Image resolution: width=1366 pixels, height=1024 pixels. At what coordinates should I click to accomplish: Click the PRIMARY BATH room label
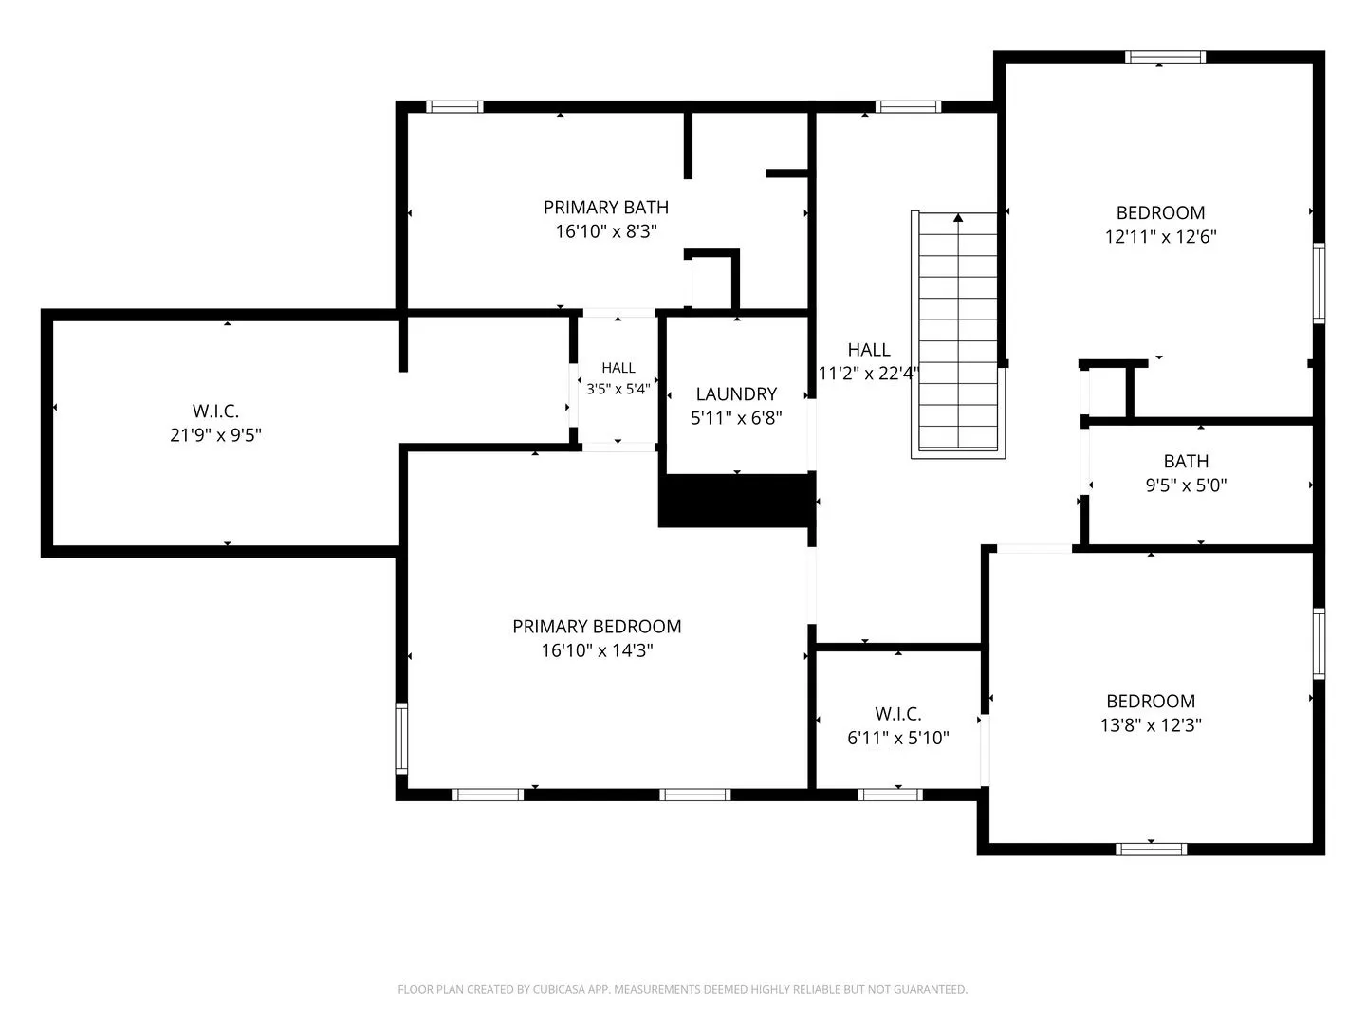(x=605, y=207)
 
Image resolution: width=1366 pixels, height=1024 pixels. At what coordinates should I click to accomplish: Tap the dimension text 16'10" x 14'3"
(x=597, y=650)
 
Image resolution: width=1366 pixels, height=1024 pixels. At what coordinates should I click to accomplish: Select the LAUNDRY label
(x=736, y=394)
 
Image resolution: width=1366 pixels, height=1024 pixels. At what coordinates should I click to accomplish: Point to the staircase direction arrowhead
(x=958, y=218)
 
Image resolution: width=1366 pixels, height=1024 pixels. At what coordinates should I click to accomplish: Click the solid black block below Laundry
(x=737, y=500)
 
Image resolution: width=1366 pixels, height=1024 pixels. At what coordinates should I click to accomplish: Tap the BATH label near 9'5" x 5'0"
(x=1186, y=462)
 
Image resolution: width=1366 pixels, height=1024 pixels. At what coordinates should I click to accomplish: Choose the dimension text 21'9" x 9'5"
(x=216, y=435)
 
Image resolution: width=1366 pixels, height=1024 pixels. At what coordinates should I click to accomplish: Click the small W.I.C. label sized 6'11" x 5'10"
(x=898, y=714)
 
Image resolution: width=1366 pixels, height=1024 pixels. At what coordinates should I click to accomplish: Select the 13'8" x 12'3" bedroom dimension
(x=1151, y=725)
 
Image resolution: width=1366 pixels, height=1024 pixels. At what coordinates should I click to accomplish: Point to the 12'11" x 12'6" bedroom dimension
(x=1161, y=237)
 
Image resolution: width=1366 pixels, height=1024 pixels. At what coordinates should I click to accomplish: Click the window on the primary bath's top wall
(x=454, y=107)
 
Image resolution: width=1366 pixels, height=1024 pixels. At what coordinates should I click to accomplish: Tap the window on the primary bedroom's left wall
(x=402, y=739)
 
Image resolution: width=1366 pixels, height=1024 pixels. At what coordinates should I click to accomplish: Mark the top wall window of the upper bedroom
(x=1165, y=57)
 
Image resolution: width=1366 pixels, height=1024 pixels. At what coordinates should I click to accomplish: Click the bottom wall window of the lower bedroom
(x=1151, y=850)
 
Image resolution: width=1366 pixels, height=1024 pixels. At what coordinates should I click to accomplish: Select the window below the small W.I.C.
(x=890, y=795)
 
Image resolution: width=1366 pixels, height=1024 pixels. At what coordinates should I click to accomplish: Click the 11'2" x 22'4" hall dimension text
(x=869, y=374)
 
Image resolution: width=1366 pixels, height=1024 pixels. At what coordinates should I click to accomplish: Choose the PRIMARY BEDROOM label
(x=597, y=627)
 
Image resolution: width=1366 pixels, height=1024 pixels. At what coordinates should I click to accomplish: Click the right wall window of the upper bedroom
(x=1319, y=283)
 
